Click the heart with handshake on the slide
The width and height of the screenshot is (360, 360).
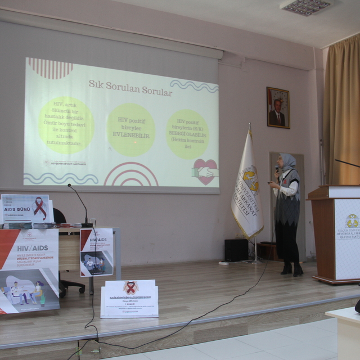point(204,171)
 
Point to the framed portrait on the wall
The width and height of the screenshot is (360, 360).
point(278,107)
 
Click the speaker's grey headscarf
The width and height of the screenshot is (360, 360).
point(289,163)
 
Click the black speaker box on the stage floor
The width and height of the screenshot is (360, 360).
point(236,250)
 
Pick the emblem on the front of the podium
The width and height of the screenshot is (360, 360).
point(352,221)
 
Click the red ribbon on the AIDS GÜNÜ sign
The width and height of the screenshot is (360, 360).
point(40,208)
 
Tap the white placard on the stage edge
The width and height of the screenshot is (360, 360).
point(129,298)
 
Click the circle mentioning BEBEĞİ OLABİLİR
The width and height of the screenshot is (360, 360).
point(187,134)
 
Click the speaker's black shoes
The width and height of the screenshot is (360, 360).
point(292,270)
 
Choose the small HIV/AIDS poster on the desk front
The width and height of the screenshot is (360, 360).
point(96,251)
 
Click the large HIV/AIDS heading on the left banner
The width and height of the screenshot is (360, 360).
point(28,247)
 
